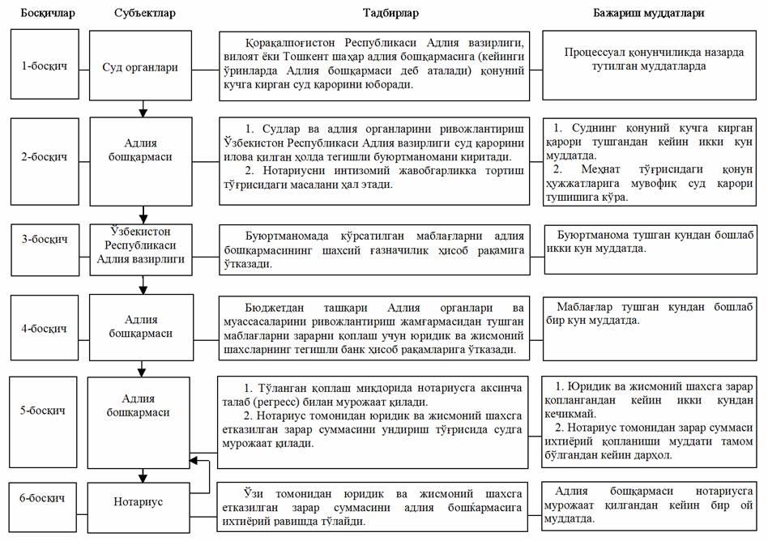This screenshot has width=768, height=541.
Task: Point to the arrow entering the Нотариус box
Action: pyautogui.click(x=143, y=478)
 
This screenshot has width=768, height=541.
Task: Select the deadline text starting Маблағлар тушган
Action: pyautogui.click(x=654, y=313)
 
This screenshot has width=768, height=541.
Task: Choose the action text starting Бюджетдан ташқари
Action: pyautogui.click(x=375, y=328)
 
